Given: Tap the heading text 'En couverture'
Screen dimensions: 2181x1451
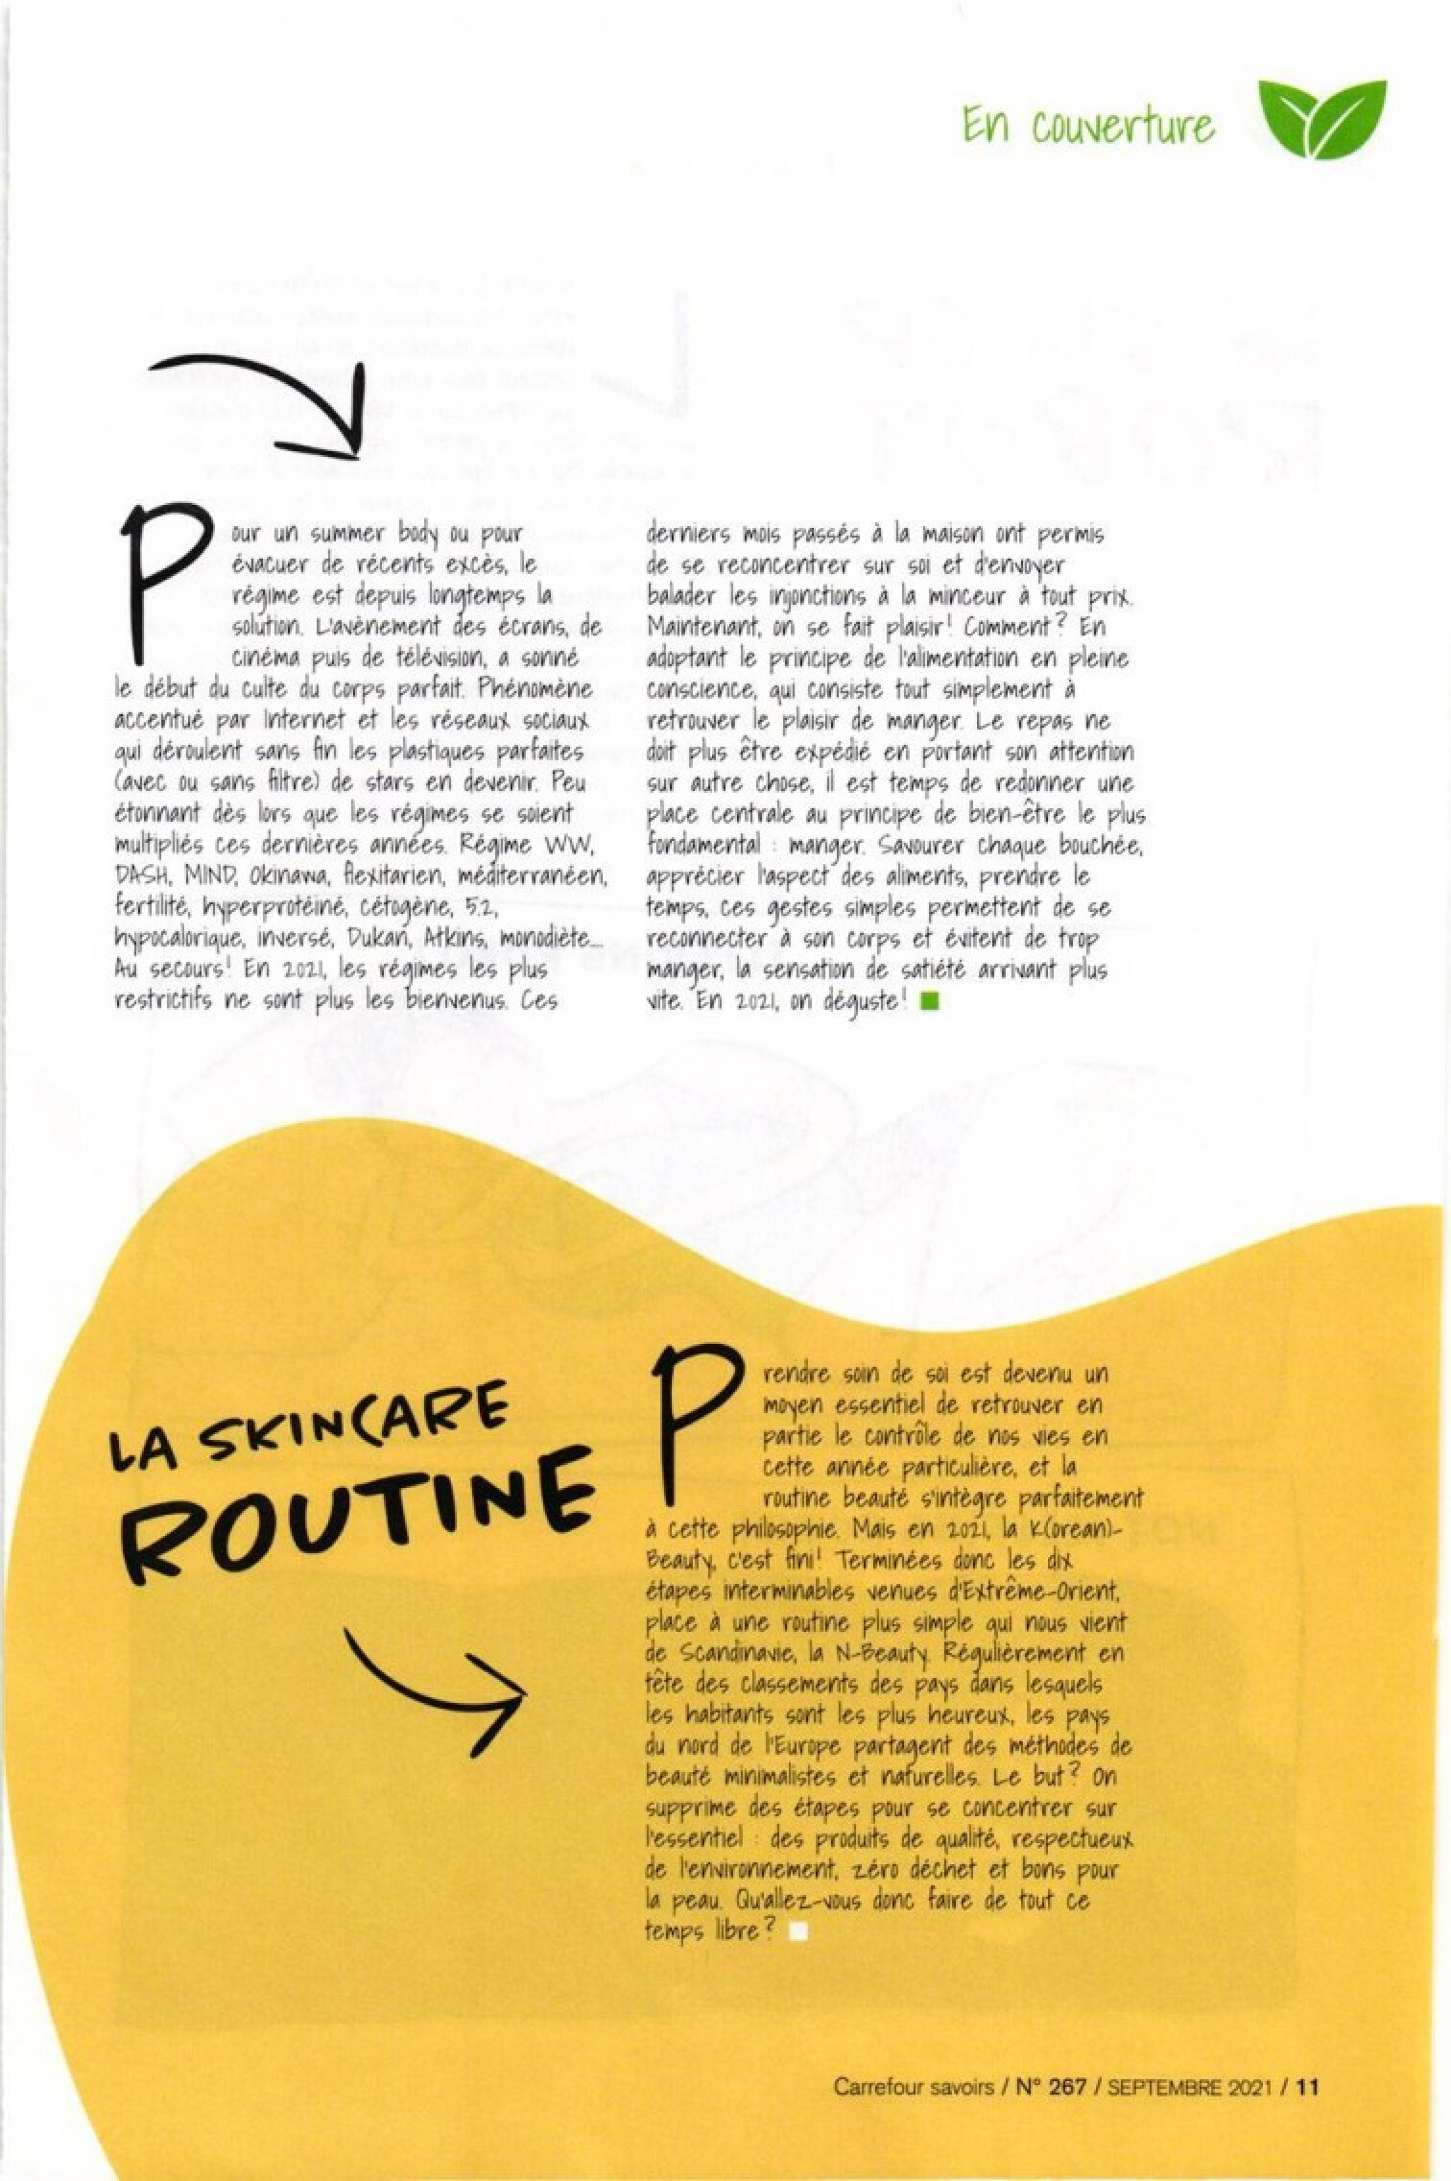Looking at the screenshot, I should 1087,125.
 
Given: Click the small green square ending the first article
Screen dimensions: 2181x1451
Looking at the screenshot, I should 928,1002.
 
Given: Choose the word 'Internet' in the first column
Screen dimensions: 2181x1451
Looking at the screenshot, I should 305,720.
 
